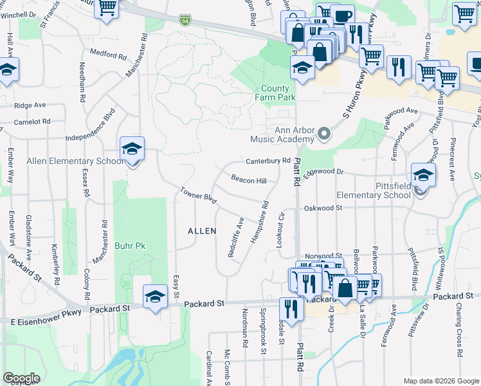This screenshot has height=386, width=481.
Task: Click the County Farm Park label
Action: pyautogui.click(x=278, y=93)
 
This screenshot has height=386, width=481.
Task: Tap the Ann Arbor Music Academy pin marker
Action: pyautogui.click(x=323, y=135)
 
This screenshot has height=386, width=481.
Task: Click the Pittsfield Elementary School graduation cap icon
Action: pyautogui.click(x=423, y=174)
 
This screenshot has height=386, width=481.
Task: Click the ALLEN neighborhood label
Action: pyautogui.click(x=201, y=230)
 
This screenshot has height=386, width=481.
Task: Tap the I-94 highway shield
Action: pyautogui.click(x=185, y=21)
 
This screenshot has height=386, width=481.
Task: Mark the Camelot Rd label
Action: pyautogui.click(x=32, y=122)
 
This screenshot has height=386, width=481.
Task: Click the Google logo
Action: pyautogui.click(x=21, y=378)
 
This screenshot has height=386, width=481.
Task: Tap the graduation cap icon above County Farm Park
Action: pyautogui.click(x=302, y=66)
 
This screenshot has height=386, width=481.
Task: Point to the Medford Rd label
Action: pyautogui.click(x=108, y=54)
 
